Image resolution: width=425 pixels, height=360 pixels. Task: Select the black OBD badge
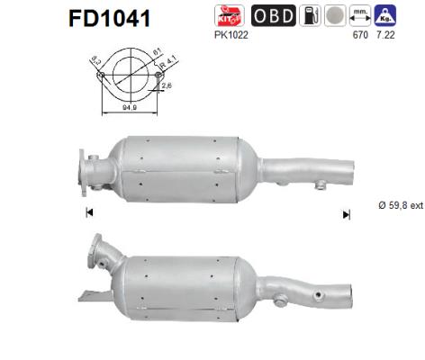[273, 15]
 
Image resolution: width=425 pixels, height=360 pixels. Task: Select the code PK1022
[231, 35]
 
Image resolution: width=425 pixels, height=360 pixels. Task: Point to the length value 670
[364, 35]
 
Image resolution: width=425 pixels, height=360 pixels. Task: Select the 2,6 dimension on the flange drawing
[168, 86]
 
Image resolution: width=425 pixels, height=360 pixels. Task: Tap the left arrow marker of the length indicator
[88, 213]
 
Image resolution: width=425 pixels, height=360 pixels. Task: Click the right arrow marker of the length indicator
[346, 214]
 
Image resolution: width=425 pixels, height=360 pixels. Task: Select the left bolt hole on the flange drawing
[102, 76]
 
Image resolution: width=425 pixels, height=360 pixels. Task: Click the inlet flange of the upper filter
[91, 171]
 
